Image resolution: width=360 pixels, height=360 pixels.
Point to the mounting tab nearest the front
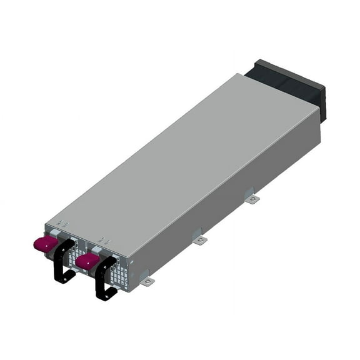pos(146,281)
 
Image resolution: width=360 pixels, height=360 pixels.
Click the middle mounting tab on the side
pos(198,239)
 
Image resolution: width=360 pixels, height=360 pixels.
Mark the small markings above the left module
pos(62,223)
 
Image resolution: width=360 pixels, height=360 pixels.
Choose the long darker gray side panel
pos(231,194)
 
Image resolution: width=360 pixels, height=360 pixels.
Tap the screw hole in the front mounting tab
pos(147,282)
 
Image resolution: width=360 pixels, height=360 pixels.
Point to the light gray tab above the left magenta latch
pos(53,232)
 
